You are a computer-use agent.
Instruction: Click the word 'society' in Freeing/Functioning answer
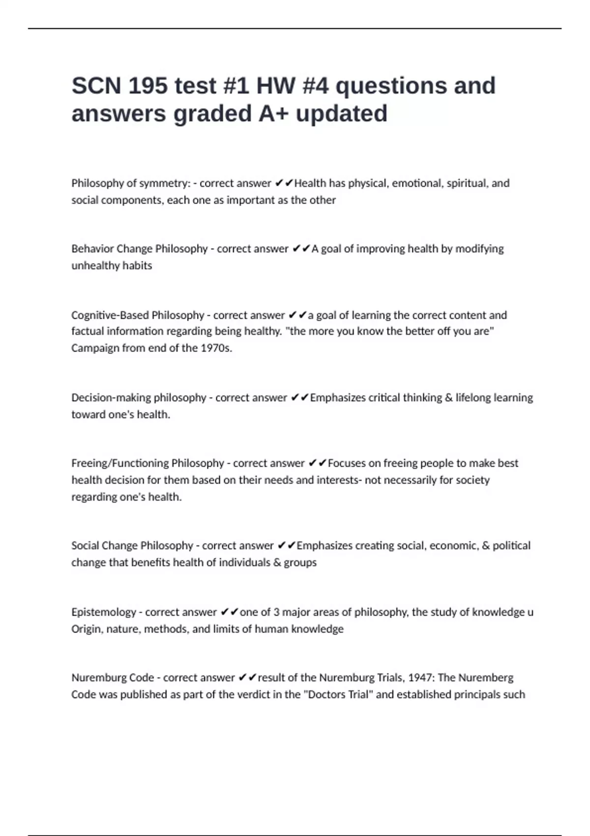coord(472,480)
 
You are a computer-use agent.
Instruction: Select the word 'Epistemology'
coord(104,612)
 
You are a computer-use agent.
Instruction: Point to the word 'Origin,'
coord(87,629)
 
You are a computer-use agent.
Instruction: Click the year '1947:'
coord(421,678)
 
